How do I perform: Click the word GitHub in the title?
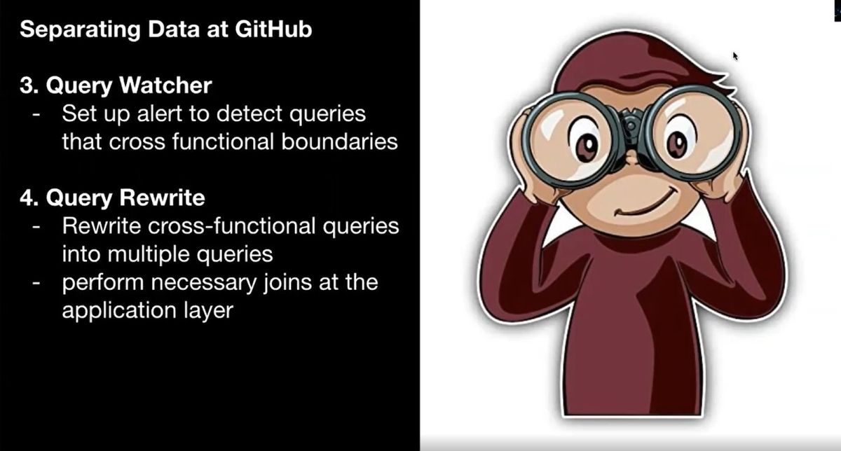coord(273,29)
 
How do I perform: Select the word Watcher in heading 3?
coord(165,85)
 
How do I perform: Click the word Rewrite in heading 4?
coord(162,197)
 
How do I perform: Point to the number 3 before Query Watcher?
coord(27,85)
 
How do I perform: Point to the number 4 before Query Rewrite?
coord(27,197)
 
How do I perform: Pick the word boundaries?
coord(339,141)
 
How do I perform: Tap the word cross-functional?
coord(232,226)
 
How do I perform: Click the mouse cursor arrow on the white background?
coord(735,56)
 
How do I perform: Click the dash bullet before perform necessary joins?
coord(36,283)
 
